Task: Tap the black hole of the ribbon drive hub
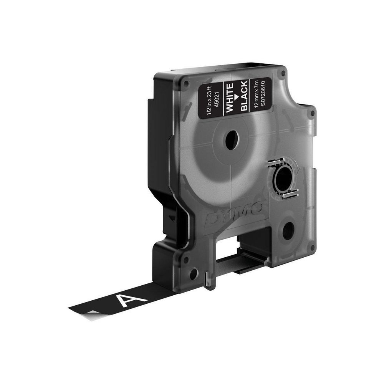point(283,180)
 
